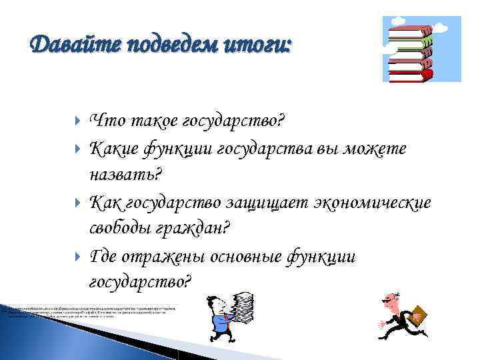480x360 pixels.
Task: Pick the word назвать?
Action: coord(125,175)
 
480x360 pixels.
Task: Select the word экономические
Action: coord(373,202)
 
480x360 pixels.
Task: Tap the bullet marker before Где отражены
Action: coord(79,257)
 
